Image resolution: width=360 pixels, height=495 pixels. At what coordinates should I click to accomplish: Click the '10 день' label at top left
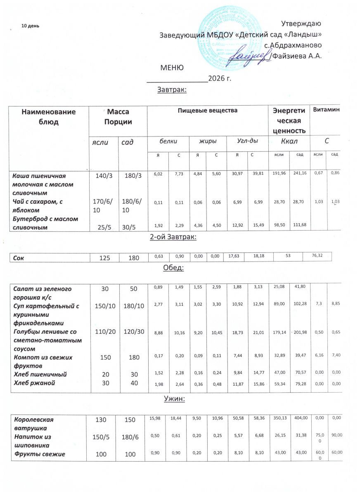click(x=30, y=26)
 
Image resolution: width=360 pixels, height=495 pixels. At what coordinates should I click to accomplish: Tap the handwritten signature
click(x=250, y=55)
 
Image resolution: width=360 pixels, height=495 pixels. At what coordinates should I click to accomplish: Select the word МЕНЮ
click(x=172, y=68)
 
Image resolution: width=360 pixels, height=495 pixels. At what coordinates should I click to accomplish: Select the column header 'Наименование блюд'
click(x=49, y=117)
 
